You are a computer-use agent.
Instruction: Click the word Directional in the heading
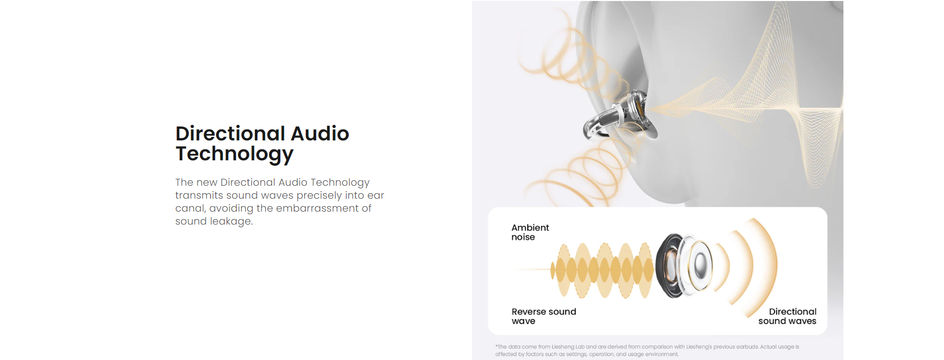click(x=230, y=133)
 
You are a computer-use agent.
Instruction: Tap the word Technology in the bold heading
click(x=235, y=154)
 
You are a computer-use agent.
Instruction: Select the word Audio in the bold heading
click(x=320, y=133)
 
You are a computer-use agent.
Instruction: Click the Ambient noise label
click(x=530, y=232)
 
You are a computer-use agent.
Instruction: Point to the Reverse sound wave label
click(x=544, y=316)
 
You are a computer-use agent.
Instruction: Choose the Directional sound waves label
click(x=787, y=316)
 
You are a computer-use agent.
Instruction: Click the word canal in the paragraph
click(x=190, y=208)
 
